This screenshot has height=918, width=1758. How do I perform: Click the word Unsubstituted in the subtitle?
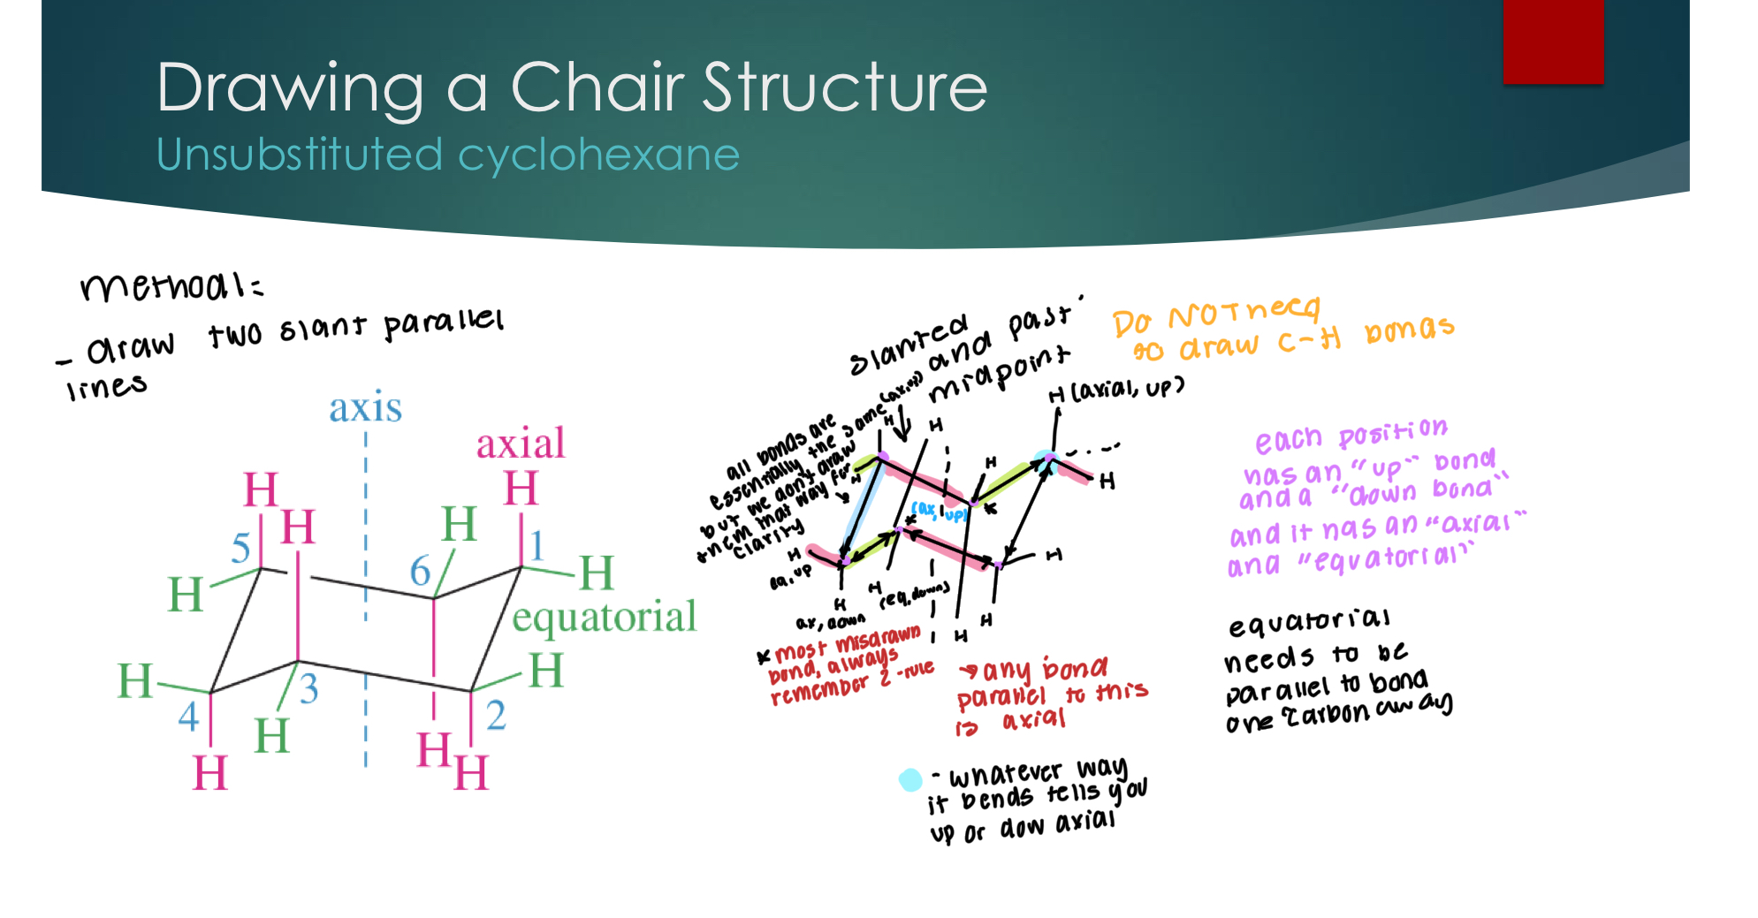[299, 155]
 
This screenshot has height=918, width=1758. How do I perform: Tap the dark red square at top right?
[1553, 41]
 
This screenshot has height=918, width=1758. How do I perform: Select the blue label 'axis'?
[365, 408]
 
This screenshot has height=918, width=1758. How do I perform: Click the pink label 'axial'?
[520, 444]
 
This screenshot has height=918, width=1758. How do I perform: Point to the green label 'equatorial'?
[605, 617]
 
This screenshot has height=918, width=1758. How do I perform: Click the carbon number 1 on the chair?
[537, 545]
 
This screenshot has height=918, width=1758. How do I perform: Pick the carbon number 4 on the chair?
[188, 716]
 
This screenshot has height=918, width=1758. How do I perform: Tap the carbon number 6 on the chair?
[420, 571]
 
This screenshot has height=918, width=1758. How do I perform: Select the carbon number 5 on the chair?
[240, 549]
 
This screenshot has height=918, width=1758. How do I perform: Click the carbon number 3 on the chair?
[308, 688]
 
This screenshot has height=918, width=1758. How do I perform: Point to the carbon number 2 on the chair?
[496, 715]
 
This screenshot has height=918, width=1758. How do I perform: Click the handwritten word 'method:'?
[171, 285]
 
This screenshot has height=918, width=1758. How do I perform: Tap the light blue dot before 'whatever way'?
[909, 779]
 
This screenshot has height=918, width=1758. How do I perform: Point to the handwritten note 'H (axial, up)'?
[1115, 390]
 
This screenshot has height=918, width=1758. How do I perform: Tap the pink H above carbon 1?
[521, 489]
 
